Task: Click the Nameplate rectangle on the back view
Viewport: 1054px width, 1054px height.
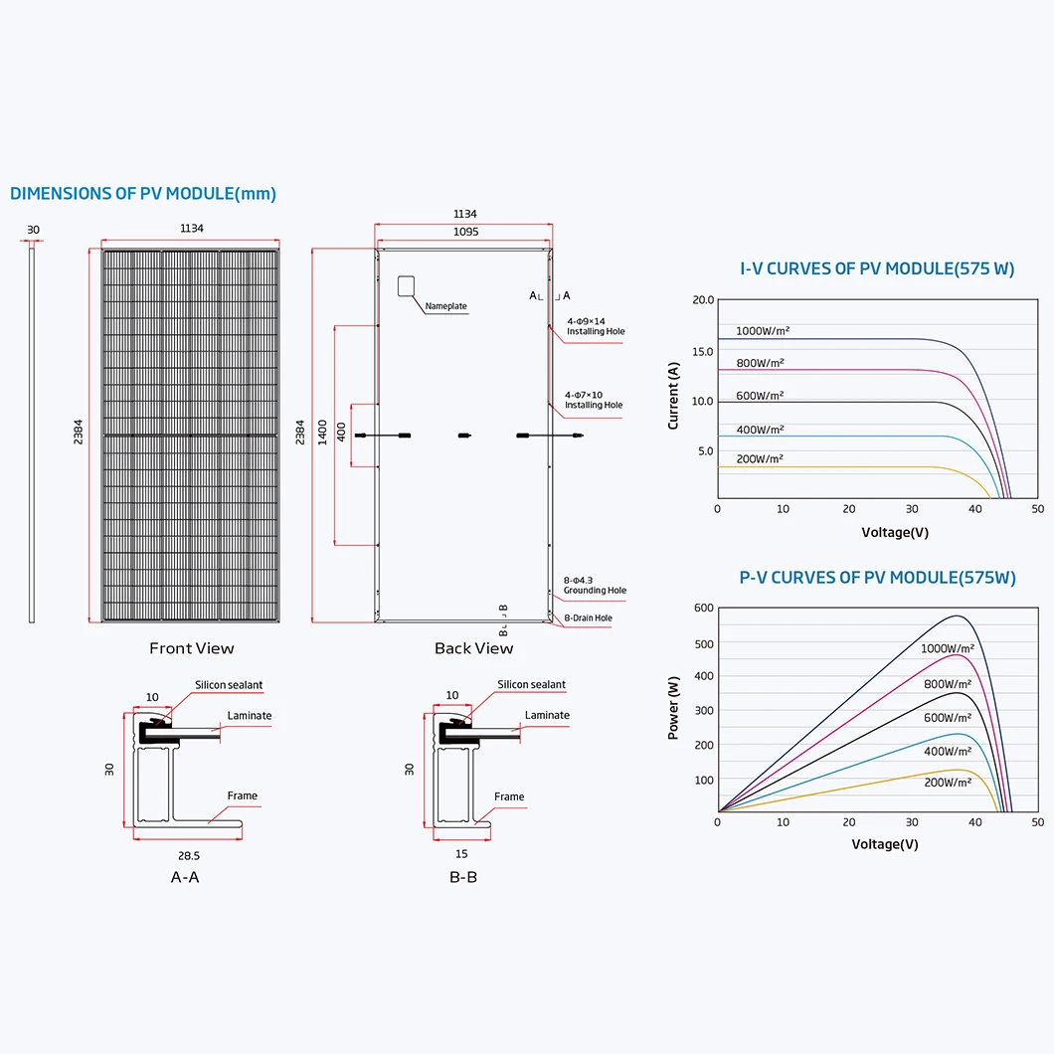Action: (406, 285)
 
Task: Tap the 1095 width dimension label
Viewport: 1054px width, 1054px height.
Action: (465, 232)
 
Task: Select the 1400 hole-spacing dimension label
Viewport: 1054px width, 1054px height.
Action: (322, 433)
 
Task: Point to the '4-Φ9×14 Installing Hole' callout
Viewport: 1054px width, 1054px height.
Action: (596, 326)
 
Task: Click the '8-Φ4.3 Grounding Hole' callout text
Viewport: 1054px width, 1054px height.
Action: (595, 585)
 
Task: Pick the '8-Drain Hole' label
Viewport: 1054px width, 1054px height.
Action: (589, 617)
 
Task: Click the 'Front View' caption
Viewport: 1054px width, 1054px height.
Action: (192, 648)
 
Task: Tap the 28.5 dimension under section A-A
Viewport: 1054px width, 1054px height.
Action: (189, 856)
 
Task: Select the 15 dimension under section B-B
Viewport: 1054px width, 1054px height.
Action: (461, 854)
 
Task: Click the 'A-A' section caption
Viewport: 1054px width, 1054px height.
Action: (185, 877)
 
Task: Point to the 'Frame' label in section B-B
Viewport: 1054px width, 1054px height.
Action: (509, 796)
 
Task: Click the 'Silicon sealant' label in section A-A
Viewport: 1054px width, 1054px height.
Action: (229, 685)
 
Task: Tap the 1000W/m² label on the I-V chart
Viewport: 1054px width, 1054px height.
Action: (763, 331)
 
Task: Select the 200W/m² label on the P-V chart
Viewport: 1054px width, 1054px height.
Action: (948, 783)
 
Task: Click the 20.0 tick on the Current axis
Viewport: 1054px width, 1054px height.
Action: (703, 300)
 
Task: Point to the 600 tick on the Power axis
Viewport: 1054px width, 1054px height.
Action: (704, 608)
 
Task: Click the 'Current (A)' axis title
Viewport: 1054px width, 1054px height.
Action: (673, 396)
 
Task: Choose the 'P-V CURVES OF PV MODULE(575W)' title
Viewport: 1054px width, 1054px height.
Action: (877, 578)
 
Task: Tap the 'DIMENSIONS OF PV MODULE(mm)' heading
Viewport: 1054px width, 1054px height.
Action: (143, 194)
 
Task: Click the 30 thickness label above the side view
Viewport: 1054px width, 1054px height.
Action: (33, 230)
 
